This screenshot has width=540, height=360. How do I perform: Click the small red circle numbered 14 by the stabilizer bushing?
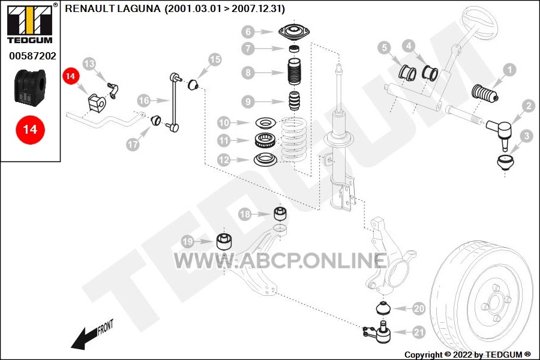(x=71, y=76)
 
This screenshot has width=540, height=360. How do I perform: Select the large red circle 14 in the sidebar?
(x=30, y=130)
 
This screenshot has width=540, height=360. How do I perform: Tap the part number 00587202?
(x=33, y=56)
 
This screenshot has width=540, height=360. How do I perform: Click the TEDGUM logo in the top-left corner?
(x=30, y=23)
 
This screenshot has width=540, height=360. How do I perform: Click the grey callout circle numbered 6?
(x=248, y=32)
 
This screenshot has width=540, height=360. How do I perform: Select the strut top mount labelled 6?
(x=295, y=32)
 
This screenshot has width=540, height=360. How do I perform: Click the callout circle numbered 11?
(x=224, y=140)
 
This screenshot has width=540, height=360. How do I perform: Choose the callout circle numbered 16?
(x=144, y=101)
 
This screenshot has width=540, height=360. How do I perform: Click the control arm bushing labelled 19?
(x=224, y=241)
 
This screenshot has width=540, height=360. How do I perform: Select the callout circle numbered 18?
(x=245, y=214)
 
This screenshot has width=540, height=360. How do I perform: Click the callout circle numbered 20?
(x=419, y=308)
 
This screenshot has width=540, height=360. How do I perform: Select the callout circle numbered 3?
(x=527, y=136)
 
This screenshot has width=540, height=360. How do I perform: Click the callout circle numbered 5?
(x=385, y=47)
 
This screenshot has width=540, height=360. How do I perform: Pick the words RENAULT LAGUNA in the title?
(x=113, y=8)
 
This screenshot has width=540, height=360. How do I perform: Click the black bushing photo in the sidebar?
(x=30, y=86)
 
